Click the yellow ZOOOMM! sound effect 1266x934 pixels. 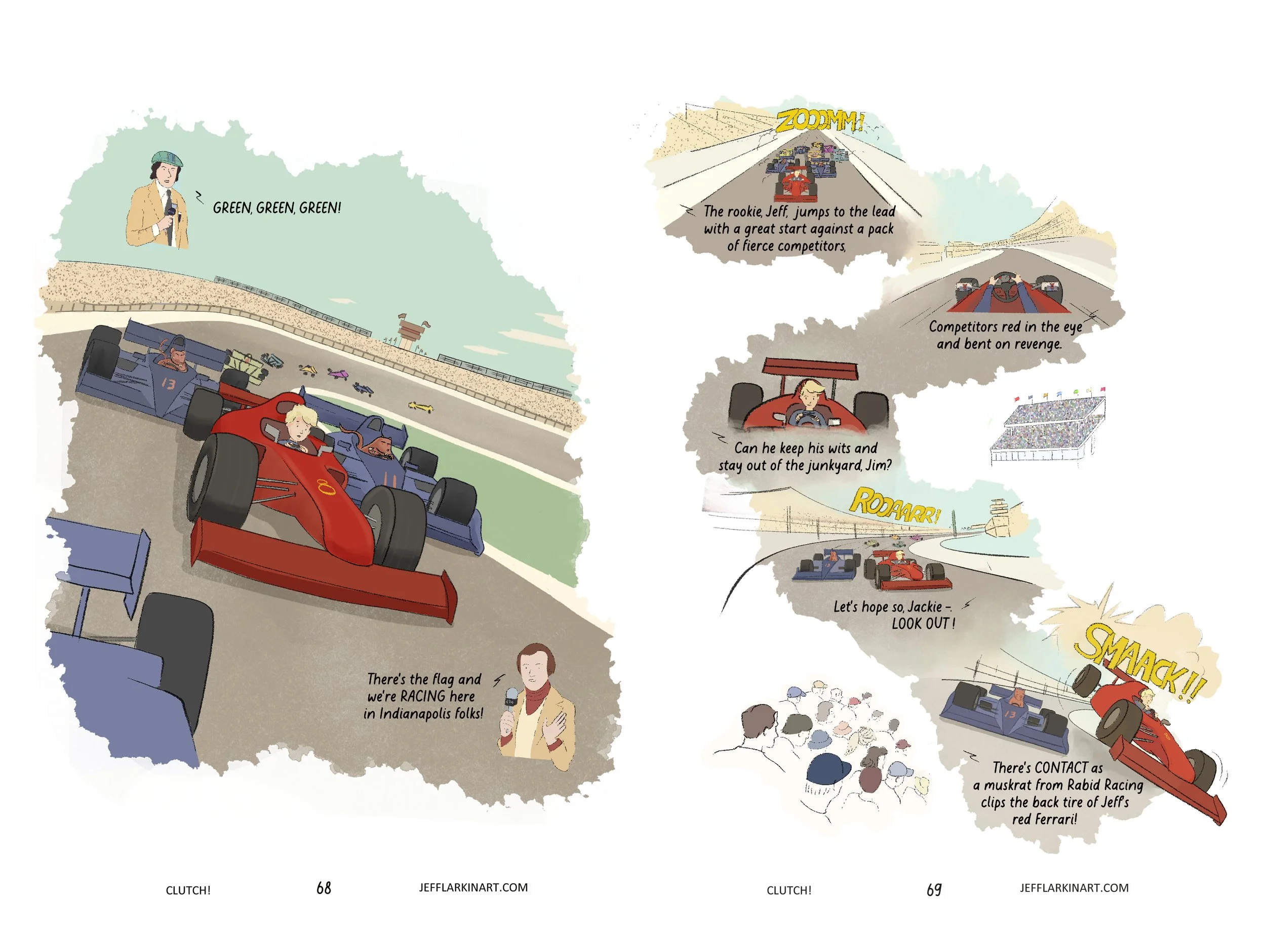(819, 121)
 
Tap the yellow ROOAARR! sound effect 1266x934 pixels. (895, 505)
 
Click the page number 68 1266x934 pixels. (324, 888)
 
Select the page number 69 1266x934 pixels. (934, 889)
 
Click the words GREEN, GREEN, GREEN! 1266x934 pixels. (276, 208)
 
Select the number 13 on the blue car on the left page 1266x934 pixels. (169, 384)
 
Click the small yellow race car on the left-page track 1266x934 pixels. (420, 406)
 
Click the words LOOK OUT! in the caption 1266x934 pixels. (923, 624)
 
